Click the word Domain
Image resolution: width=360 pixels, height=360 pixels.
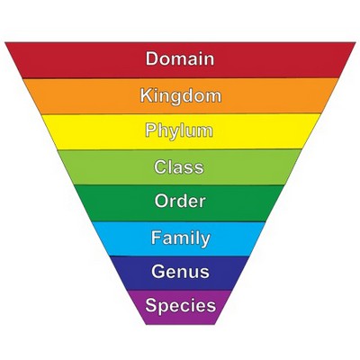pos(180,58)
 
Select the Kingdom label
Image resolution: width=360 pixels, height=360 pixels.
pos(181,96)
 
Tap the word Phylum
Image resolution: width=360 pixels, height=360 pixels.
pos(179,131)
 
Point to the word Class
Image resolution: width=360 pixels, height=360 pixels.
pos(179,166)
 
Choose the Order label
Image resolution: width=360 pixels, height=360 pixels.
pos(180,201)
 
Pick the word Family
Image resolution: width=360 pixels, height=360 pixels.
pos(181,238)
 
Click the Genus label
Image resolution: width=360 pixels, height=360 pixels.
pos(180,272)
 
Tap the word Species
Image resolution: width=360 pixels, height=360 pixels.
pos(181,306)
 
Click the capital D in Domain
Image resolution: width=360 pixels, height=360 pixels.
pos(152,58)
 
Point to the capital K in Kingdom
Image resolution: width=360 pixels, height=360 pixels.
pos(147,95)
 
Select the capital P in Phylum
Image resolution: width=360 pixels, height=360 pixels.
pos(151,130)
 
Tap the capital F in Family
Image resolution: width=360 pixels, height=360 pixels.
pos(157,238)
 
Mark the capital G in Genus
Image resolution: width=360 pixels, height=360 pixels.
pos(158,272)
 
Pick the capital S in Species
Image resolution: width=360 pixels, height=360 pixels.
pos(152,305)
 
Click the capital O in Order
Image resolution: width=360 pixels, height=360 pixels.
pos(162,201)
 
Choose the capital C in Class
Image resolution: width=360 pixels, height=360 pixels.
pos(161,166)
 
